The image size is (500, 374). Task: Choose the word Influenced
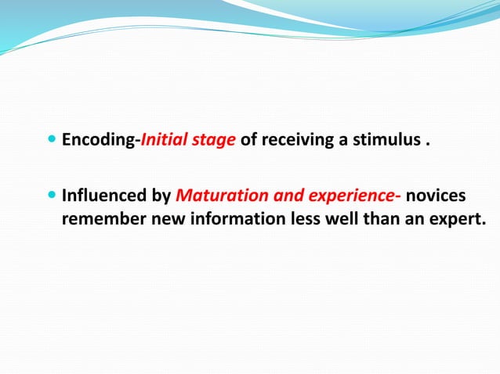click(x=105, y=196)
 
